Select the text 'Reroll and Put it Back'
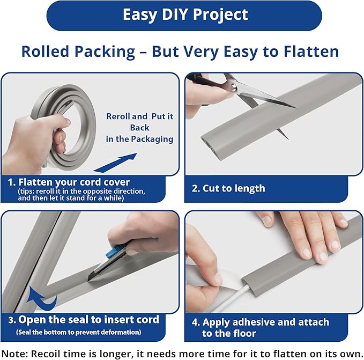tap(139, 122)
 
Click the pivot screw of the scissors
tap(234, 87)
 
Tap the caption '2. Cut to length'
tap(228, 188)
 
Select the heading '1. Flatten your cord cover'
tap(69, 182)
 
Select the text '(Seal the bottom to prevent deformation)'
tap(79, 332)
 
